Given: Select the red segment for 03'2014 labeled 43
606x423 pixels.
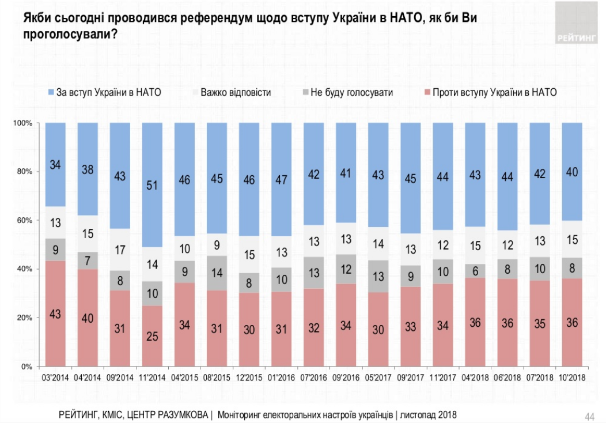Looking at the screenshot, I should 55,314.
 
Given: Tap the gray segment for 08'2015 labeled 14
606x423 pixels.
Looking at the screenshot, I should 216,274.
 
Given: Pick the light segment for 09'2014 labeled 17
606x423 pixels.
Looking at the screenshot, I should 119,250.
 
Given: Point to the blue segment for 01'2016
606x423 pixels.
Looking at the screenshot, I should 281,179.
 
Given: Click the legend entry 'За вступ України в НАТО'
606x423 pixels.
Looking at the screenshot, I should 107,92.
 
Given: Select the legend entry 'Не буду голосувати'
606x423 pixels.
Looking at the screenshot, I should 351,92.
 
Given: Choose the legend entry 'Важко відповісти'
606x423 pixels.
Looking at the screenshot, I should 236,92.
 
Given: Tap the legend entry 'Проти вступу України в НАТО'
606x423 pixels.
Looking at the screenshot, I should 494,92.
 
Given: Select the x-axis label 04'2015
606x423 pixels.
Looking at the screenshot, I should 184,379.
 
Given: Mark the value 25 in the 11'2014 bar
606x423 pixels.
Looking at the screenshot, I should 151,335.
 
